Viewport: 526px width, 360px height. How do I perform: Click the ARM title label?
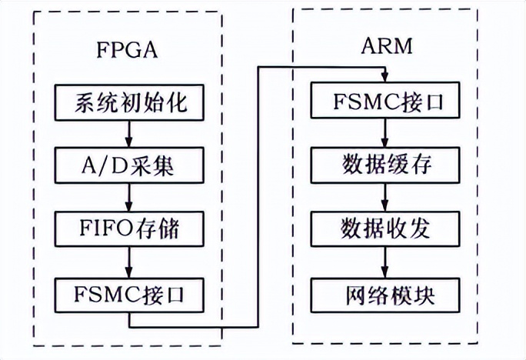387,45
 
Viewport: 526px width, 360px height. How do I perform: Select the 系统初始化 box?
130,102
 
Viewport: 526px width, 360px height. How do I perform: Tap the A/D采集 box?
130,165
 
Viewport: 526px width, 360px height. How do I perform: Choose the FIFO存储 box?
130,228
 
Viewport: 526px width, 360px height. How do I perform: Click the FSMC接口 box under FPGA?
130,293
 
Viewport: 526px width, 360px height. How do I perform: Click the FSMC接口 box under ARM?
386,102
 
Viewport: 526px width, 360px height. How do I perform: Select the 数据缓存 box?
386,165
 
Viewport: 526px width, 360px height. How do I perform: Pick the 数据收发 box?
386,228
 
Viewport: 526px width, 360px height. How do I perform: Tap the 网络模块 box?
386,293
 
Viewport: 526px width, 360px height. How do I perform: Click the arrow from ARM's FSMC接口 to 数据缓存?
386,133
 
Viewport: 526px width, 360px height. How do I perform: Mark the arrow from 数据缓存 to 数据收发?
386,197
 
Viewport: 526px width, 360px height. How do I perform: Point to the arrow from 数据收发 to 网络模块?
386,261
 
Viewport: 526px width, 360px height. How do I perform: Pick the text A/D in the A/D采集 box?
99,165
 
